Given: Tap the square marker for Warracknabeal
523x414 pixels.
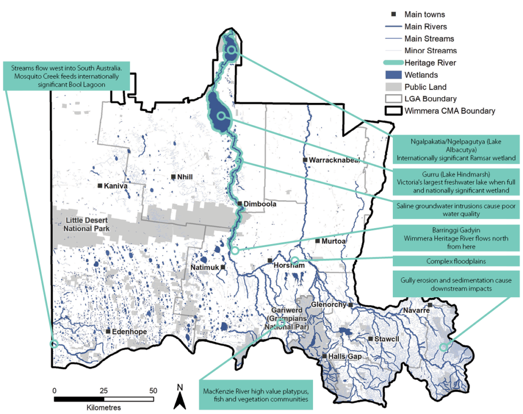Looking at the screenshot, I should [305, 160].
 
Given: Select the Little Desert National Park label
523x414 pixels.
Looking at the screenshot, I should [87, 224].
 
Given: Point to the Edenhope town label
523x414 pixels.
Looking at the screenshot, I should [130, 332].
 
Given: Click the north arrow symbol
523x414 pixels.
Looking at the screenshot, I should [179, 396].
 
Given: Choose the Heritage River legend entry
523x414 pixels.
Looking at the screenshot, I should [430, 63].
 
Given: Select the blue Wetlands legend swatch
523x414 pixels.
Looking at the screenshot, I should [392, 75].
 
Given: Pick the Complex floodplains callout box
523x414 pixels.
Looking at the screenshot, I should [456, 262].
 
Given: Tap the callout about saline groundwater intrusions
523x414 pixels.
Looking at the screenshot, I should [456, 210].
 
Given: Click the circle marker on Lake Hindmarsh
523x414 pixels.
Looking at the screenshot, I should [221, 116].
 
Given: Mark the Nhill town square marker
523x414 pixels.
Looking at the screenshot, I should [174, 177].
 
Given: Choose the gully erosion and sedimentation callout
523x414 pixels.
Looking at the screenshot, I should [456, 284].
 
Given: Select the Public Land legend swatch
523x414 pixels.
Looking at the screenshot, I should [392, 86].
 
